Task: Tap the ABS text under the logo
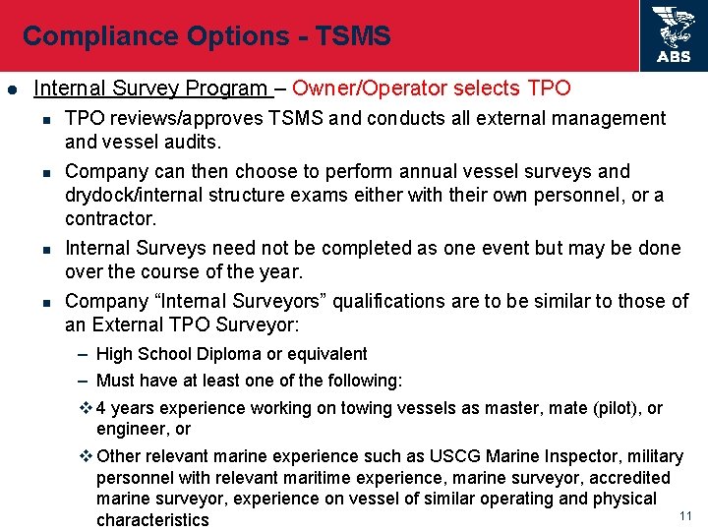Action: (x=674, y=57)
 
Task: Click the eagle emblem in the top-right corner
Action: (x=674, y=27)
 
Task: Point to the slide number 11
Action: (x=686, y=516)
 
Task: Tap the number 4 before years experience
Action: (x=103, y=407)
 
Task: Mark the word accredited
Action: (x=623, y=478)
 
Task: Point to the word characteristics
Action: (x=152, y=519)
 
